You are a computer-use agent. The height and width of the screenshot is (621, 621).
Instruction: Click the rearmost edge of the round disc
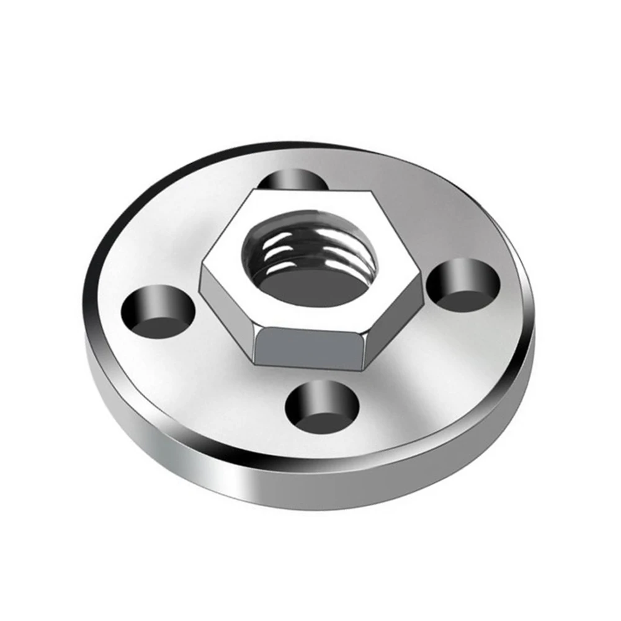point(310,143)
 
